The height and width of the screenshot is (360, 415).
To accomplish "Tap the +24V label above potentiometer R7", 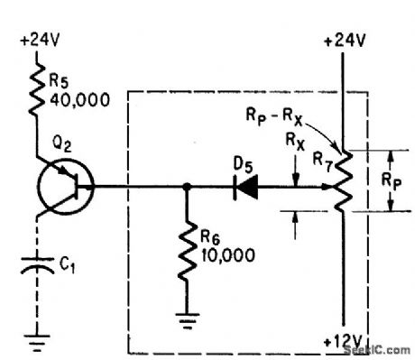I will [x=344, y=41].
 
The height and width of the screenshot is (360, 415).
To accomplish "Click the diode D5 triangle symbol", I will [x=244, y=189].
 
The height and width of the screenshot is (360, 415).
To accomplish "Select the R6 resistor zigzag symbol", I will [x=187, y=254].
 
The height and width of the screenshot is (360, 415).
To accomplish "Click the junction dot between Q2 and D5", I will [x=187, y=189].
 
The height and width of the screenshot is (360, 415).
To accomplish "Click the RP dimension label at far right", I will [x=403, y=180].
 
